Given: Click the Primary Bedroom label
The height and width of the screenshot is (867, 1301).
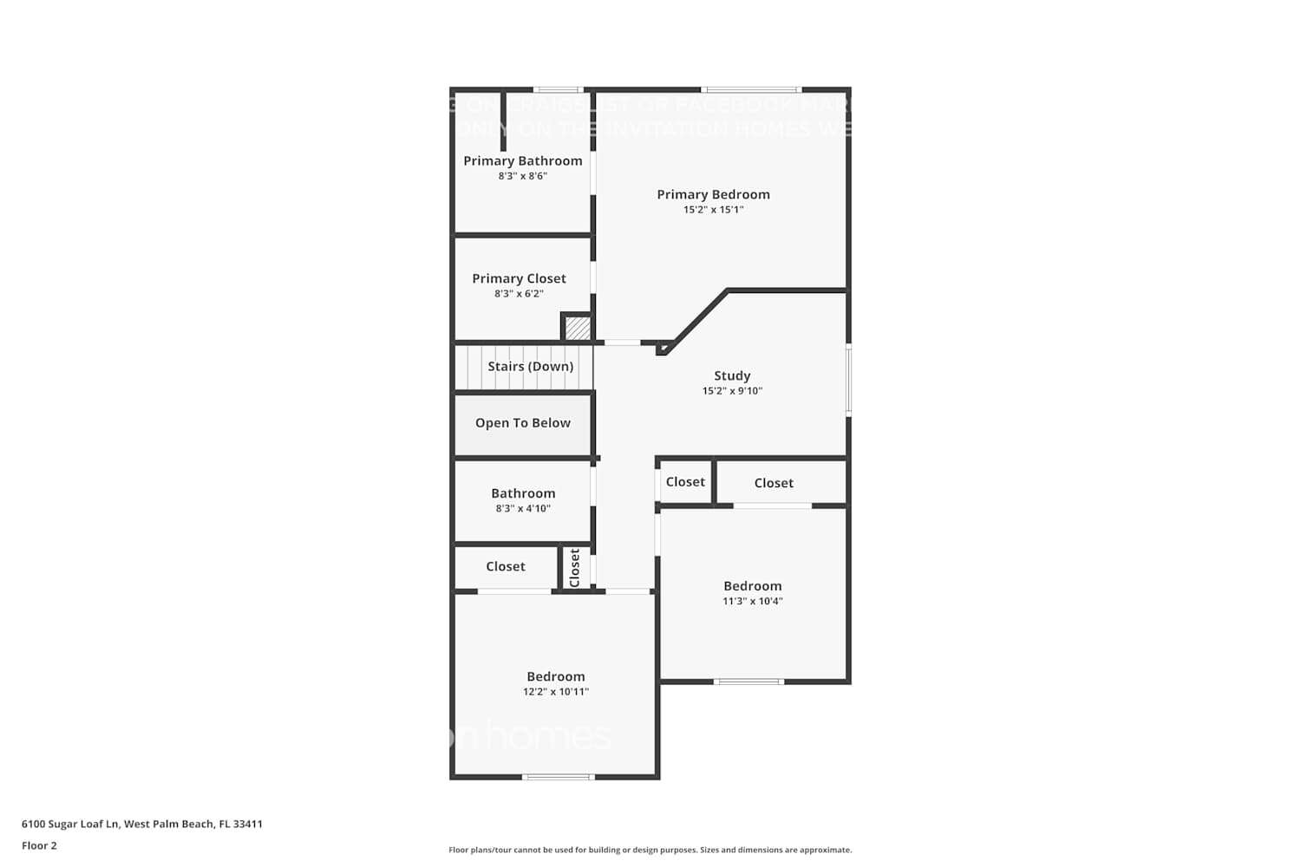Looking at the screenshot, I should tap(713, 194).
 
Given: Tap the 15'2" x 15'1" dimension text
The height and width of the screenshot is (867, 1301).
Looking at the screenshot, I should tap(713, 210).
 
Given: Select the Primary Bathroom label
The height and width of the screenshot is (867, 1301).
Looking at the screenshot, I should tap(522, 160).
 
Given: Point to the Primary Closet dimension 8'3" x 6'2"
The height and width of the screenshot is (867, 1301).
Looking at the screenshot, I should tap(519, 294).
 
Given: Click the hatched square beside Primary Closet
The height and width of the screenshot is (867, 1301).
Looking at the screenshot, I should tap(578, 329).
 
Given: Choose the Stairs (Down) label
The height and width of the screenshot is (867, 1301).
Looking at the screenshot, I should tap(530, 366).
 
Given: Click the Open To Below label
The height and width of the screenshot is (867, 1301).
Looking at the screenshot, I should tap(522, 423).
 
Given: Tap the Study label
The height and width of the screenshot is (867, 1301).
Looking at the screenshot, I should tap(732, 375).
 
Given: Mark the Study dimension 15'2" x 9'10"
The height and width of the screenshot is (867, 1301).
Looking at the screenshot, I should tap(732, 391).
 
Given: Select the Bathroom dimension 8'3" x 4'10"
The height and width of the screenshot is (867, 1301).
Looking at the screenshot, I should tap(522, 509).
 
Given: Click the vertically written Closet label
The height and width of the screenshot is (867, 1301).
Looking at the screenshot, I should tap(574, 568).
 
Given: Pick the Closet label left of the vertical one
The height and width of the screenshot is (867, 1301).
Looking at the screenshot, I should tap(505, 566).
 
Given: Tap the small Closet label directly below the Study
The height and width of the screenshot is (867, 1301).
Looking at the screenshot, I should tap(685, 482).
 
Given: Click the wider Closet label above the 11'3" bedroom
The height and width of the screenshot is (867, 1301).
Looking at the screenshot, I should tap(774, 483).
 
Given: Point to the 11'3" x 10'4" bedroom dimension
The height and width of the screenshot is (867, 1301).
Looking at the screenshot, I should tap(752, 602).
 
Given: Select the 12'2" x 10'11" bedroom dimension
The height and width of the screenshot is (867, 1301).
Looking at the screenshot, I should tap(555, 692).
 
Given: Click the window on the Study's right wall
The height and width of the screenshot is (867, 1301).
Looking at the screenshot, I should tap(848, 379).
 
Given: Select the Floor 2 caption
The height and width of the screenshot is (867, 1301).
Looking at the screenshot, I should tap(39, 845).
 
